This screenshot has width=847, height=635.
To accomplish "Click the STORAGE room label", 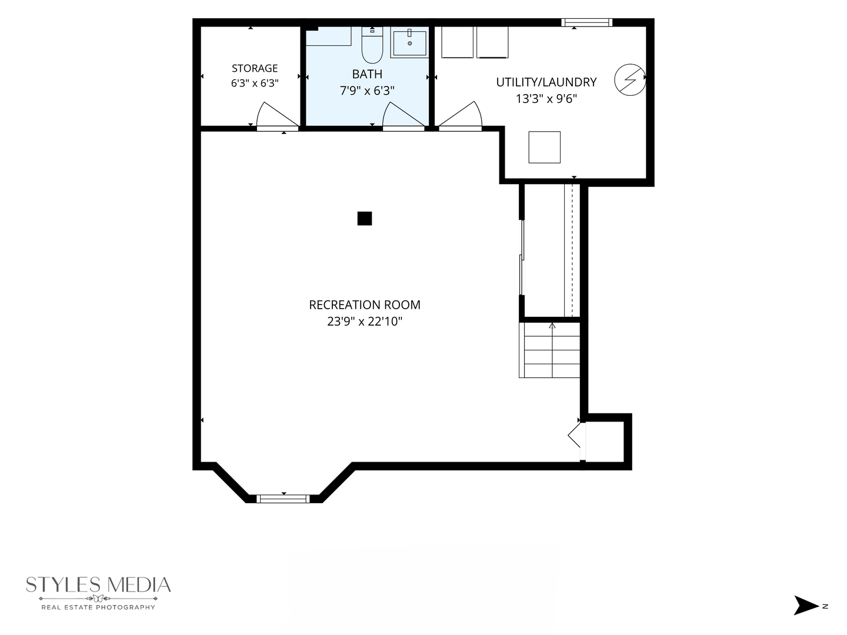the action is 255,68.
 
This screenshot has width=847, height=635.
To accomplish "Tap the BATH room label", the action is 367,74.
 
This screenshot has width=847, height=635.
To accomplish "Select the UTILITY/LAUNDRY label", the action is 546,82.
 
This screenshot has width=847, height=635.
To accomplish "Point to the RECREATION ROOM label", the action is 365,305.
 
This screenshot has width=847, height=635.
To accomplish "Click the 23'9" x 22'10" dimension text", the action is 365,322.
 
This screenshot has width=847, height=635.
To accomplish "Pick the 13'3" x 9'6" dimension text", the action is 546,99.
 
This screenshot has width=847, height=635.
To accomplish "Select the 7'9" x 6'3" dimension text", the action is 367,91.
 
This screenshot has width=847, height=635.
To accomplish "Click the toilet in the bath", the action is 372,45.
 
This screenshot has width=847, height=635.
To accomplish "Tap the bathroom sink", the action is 409,42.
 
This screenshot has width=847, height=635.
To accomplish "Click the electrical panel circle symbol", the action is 630,80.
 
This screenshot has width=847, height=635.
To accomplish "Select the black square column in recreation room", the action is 364,218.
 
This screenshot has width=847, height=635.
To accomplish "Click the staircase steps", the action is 549,350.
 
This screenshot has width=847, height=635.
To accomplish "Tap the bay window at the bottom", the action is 283,499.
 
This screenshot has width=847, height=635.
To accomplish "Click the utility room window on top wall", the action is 586,22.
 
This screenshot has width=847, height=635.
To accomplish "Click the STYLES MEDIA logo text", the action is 98,585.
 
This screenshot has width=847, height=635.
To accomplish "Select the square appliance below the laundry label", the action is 544,147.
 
